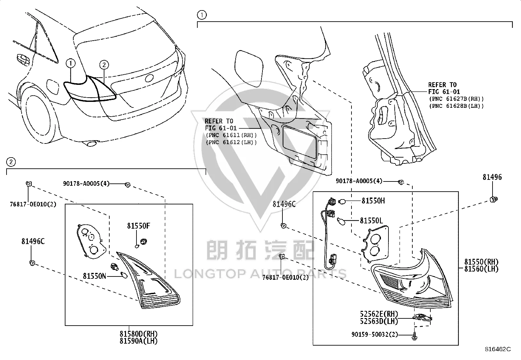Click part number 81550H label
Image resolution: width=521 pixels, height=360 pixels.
coord(373,201)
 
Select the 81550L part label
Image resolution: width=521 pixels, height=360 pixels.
coord(371,220)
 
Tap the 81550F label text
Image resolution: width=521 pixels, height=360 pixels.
coord(138,226)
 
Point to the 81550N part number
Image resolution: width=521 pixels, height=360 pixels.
coord(95,276)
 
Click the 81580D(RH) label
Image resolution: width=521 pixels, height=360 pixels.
coord(138,334)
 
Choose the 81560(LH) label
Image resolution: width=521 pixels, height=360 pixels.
coord(481,269)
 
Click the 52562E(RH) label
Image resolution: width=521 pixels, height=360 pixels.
coord(379,314)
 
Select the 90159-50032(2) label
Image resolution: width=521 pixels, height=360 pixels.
coord(375,334)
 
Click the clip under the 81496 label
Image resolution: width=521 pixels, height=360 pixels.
coord(494,199)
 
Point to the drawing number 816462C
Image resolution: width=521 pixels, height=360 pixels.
coord(498,349)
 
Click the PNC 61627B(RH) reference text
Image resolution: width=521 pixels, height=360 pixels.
coord(456,99)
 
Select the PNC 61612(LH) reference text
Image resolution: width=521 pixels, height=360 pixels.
coord(231,142)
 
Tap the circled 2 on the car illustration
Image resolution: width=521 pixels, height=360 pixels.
coord(104,65)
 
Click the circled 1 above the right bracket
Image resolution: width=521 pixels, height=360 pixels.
coord(202,15)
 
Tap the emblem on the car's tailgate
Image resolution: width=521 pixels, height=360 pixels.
coord(149,78)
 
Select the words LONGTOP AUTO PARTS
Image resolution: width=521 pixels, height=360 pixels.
coord(260,274)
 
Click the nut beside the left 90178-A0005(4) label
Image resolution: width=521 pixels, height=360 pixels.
coord(127,185)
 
